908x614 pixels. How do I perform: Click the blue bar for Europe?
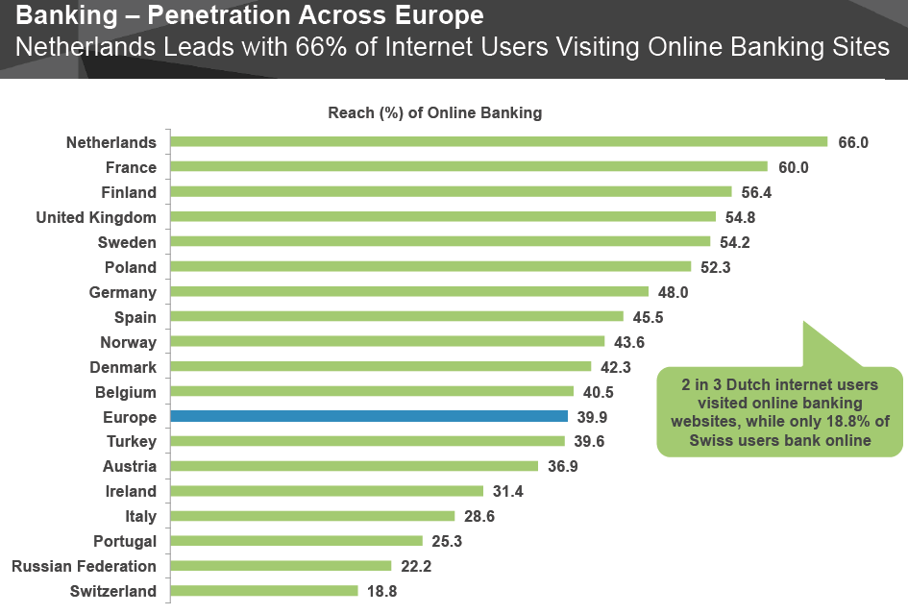pos(369,417)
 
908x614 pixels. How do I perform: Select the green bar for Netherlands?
pos(499,142)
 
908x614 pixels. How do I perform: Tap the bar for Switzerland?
pos(264,591)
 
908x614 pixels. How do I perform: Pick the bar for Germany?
pos(409,292)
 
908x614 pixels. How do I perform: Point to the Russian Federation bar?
pos(281,566)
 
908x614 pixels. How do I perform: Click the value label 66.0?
pos(853,142)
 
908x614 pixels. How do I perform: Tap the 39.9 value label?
pos(592,417)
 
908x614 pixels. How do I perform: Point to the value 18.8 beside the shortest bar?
pos(381,591)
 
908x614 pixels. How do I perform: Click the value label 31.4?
pos(507,491)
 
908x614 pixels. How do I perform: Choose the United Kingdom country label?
pos(96,217)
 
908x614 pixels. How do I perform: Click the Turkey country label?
pos(132,442)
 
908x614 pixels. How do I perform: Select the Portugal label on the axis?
pos(125,541)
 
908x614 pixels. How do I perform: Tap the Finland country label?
pos(129,192)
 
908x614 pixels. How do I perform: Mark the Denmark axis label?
pos(123,367)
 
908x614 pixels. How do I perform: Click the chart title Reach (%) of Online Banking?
pos(435,113)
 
